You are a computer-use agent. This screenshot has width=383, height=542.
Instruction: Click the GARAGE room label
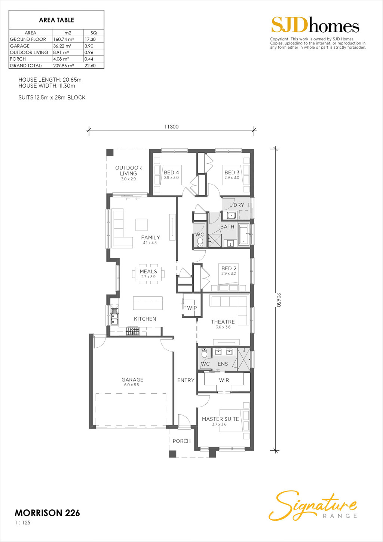132,380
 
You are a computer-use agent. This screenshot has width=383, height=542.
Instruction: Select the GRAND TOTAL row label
26,66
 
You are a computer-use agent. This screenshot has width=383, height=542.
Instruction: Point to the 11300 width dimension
171,127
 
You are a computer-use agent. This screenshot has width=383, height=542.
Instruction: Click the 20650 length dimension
278,300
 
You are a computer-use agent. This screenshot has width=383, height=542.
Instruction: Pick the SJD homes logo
315,25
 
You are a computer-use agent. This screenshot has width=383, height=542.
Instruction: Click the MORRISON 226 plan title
48,513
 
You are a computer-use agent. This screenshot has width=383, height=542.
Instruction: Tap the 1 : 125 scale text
23,523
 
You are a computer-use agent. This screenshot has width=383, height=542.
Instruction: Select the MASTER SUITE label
220,419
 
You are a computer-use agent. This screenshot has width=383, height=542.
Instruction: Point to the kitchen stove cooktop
132,331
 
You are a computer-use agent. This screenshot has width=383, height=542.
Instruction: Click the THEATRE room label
223,322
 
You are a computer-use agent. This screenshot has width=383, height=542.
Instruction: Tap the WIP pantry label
192,308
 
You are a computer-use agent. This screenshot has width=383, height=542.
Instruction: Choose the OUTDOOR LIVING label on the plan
128,171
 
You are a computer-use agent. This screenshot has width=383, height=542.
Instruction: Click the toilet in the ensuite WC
204,353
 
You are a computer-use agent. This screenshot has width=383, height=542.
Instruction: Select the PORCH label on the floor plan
181,441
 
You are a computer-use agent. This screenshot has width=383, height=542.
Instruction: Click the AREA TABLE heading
56,20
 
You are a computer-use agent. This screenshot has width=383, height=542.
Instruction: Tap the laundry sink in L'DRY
232,215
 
